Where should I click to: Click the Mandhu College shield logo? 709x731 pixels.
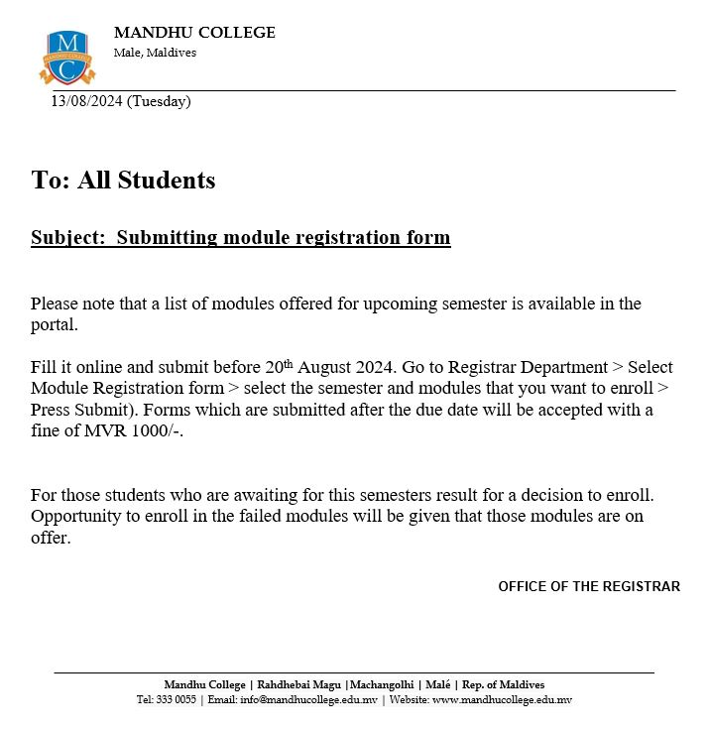[x=67, y=58]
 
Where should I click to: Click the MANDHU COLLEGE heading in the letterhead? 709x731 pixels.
[x=194, y=33]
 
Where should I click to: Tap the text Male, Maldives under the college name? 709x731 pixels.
[x=155, y=53]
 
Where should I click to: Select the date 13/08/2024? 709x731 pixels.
[x=87, y=101]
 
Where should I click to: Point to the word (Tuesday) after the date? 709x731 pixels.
[x=159, y=101]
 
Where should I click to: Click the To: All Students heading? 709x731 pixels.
[x=123, y=180]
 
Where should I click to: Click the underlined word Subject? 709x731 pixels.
[x=68, y=238]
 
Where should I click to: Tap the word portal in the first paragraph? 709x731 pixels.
[x=52, y=324]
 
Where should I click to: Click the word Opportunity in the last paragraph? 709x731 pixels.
[x=74, y=517]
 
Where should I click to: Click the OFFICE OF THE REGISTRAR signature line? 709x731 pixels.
[x=589, y=586]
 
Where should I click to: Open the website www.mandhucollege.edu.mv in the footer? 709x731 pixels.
[x=502, y=700]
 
